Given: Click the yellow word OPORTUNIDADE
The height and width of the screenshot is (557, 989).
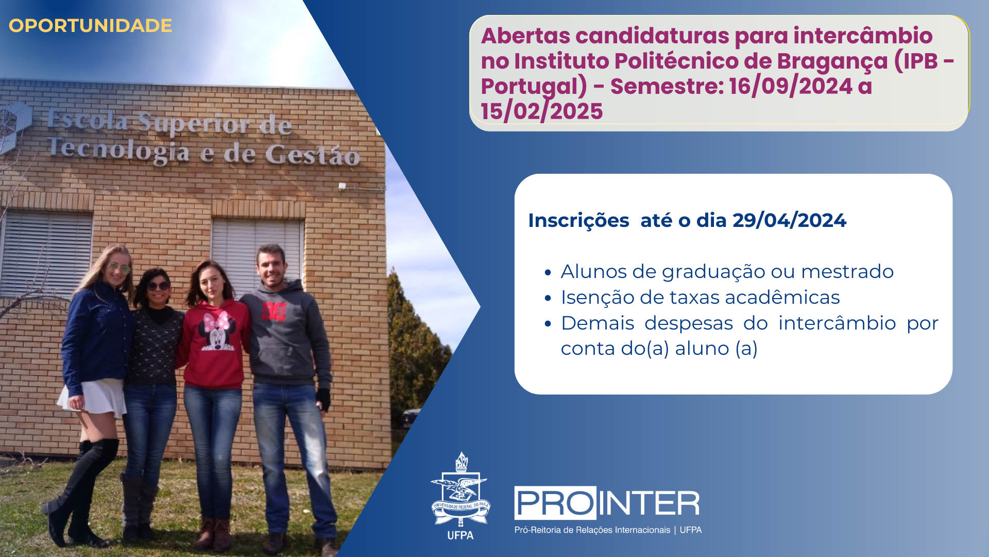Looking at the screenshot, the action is pos(90,26).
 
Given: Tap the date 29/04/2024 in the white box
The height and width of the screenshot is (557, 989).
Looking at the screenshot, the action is pos(789,220).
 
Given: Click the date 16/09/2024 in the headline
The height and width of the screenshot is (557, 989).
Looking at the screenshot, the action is pos(791,86).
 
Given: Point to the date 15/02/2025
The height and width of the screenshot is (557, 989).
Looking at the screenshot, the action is pos(542,111).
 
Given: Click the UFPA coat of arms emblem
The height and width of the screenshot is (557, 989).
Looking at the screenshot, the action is pos(461,490).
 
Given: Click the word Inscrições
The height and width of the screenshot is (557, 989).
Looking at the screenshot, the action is pos(578,221).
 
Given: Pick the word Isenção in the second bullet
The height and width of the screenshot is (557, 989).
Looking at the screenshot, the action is pos(597,298).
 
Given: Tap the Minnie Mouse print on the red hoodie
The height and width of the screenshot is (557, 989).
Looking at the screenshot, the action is pos(217,331).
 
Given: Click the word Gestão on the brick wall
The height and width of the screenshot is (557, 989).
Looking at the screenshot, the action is pos(312,155).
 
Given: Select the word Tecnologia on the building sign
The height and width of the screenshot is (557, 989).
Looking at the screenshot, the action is pos(118,150).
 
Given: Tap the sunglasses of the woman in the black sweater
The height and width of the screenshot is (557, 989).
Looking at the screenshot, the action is pos(158,286).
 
